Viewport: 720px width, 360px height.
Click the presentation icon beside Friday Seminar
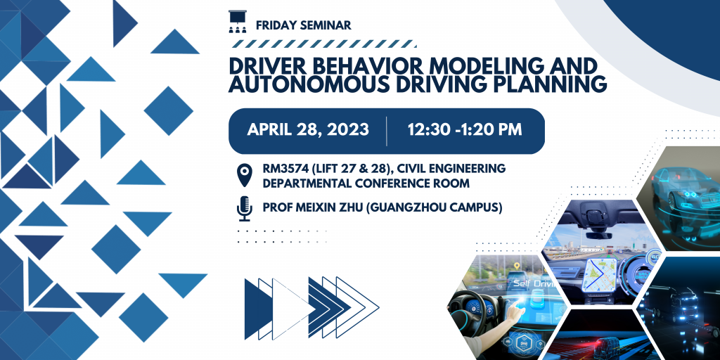pos(238,22)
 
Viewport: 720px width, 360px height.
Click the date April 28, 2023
pos(308,129)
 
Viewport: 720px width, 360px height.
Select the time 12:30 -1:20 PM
pos(465,129)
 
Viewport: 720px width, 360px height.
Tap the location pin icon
pos(244,176)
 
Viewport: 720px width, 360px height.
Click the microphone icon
pos(244,208)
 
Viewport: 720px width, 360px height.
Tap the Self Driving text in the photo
pos(535,284)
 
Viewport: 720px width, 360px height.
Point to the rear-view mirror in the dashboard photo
pos(598,235)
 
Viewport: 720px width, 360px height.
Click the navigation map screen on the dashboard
pos(599,274)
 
